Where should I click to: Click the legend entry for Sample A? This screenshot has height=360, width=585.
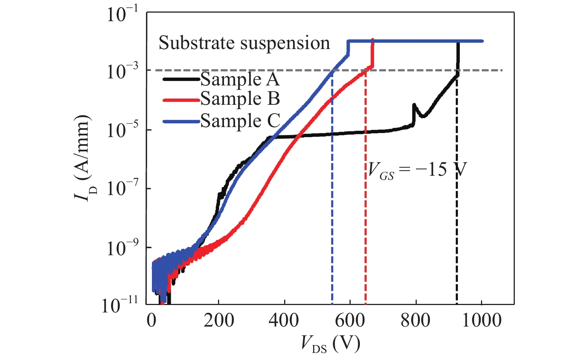click(x=240, y=80)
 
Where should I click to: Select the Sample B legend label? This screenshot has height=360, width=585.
click(x=240, y=99)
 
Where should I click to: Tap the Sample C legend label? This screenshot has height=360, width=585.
click(x=240, y=121)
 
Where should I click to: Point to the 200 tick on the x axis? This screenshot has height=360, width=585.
click(x=219, y=320)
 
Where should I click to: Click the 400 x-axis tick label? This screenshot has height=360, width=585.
click(x=284, y=320)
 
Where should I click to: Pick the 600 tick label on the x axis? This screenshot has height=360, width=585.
click(x=350, y=320)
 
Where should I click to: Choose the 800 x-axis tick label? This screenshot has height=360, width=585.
click(x=416, y=320)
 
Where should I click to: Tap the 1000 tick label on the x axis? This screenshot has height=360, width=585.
click(x=481, y=320)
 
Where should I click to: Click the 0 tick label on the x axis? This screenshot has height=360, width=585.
click(x=152, y=320)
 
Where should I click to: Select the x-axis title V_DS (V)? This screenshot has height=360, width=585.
click(x=330, y=344)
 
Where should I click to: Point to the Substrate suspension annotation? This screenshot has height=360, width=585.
click(x=244, y=43)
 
